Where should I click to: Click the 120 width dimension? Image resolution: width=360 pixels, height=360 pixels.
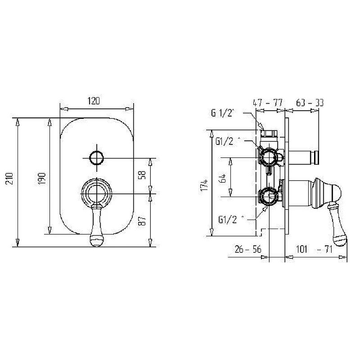(94, 101)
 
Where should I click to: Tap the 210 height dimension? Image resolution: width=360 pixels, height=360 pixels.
(9, 178)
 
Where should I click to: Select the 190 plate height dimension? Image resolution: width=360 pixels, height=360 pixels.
(42, 178)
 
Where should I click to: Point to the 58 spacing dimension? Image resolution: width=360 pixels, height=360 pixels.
(142, 175)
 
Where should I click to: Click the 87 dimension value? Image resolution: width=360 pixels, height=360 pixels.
(142, 221)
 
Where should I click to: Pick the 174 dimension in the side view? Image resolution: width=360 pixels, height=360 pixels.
(204, 185)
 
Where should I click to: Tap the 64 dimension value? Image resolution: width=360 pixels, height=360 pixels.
(223, 178)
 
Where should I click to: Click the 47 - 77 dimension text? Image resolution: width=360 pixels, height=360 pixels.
(268, 103)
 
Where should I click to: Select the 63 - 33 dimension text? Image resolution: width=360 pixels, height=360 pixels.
(310, 103)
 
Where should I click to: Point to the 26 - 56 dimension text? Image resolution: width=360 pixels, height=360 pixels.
(248, 249)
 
